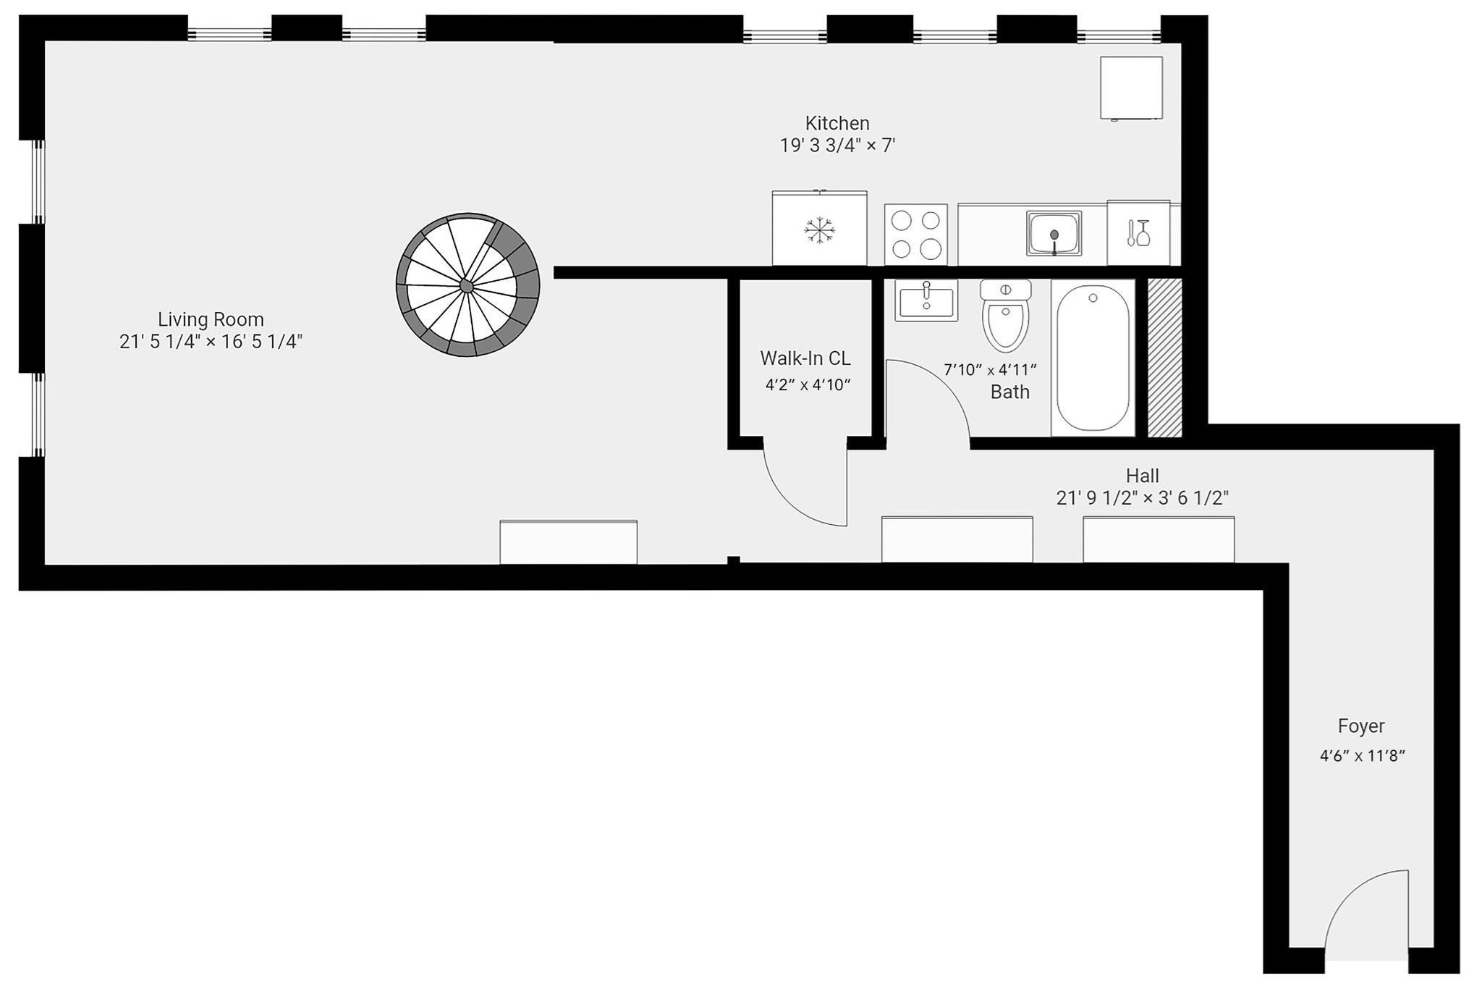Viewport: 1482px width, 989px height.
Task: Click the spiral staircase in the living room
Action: [x=467, y=285]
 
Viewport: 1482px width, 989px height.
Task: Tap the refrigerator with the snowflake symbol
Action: [x=819, y=228]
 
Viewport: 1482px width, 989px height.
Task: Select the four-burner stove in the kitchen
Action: [x=915, y=234]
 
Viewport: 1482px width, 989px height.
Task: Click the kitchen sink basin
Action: [x=1054, y=233]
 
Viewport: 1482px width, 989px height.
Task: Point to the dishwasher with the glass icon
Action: [x=1138, y=232]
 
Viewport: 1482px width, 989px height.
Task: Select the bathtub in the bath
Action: [x=1093, y=358]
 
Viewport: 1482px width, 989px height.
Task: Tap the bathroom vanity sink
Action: [x=926, y=300]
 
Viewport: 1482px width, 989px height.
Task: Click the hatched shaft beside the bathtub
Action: [x=1165, y=358]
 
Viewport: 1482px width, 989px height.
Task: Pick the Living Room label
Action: [x=211, y=319]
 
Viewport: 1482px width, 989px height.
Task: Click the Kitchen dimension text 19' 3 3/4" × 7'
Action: [x=837, y=146]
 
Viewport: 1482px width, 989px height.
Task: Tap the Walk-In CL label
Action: [x=805, y=358]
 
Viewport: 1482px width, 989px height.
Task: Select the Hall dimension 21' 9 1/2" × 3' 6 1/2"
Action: [x=1143, y=498]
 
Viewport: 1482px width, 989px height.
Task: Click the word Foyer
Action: [x=1361, y=726]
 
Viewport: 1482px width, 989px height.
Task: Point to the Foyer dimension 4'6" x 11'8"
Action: [x=1362, y=757]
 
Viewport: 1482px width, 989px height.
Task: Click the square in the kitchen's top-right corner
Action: [x=1131, y=88]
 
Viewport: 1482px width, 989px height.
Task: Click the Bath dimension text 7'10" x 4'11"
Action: [x=990, y=370]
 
